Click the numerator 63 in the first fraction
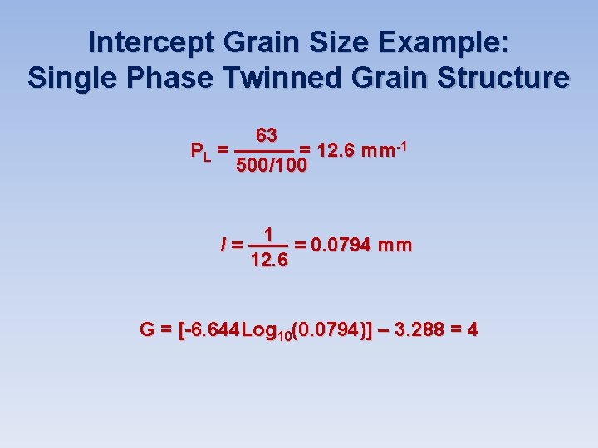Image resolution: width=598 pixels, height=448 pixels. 267,135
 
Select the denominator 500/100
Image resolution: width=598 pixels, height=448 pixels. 272,166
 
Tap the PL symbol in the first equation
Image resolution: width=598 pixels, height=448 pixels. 200,152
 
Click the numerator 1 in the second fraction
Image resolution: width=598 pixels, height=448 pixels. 269,234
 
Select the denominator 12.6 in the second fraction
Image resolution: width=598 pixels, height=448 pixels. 269,261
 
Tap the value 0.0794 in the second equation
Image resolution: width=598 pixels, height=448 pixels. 340,246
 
